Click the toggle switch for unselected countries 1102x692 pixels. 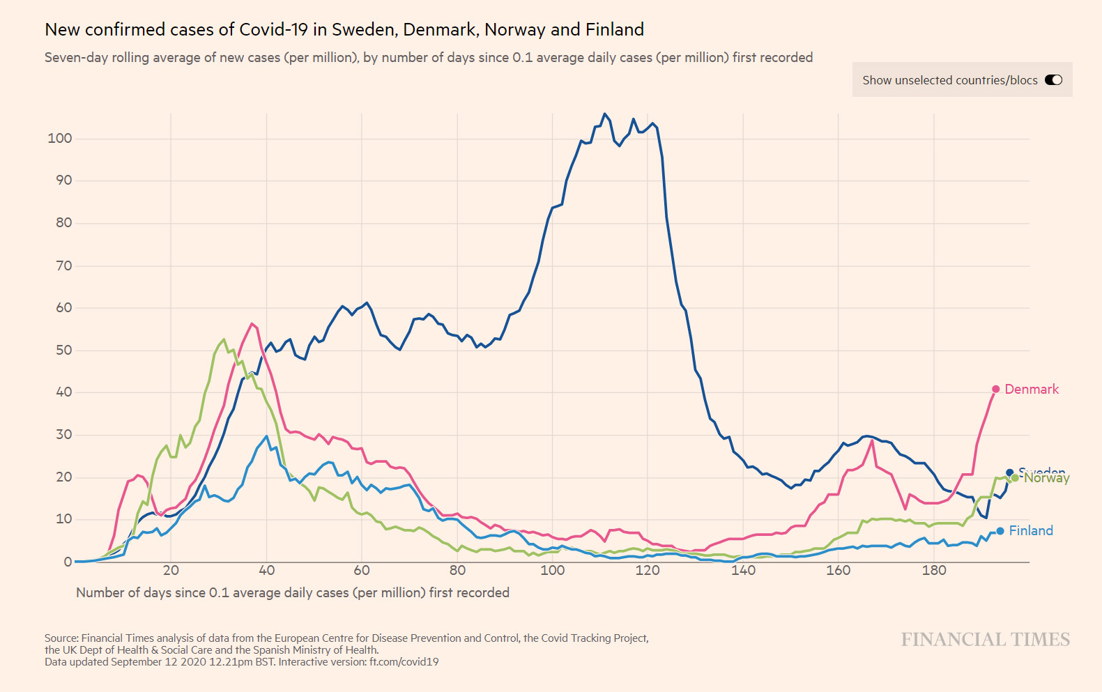[1053, 80]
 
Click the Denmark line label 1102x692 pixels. [1031, 390]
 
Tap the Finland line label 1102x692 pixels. [1031, 531]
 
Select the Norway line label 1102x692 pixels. [1046, 478]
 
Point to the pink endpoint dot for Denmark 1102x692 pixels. [996, 390]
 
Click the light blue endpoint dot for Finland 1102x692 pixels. [1000, 531]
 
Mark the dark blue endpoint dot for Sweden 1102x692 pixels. [1009, 473]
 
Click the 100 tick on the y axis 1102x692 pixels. [60, 138]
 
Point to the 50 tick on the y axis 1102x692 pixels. [63, 350]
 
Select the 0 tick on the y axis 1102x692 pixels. [68, 562]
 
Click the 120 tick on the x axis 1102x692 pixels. [648, 571]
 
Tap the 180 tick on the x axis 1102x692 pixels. [934, 571]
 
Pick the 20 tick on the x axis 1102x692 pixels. [171, 571]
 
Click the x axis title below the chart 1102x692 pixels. [293, 593]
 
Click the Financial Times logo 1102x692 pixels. [985, 640]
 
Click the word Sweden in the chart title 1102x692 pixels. [363, 30]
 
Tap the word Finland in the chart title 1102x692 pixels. [614, 30]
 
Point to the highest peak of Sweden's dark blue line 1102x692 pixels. [604, 114]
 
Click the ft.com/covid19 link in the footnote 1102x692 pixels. [404, 662]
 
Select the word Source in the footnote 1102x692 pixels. [61, 638]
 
